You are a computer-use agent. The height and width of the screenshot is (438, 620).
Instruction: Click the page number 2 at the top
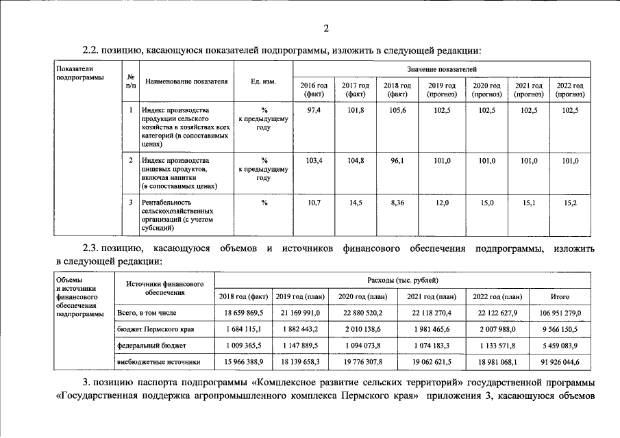pyautogui.click(x=327, y=28)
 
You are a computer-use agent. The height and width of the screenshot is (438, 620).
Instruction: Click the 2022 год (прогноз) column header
pyautogui.click(x=569, y=89)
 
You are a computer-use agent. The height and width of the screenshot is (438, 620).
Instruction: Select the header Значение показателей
pyautogui.click(x=441, y=70)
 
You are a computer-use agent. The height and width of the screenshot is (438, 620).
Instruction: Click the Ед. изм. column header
pyautogui.click(x=263, y=81)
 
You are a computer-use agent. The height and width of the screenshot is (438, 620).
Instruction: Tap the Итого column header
pyautogui.click(x=560, y=296)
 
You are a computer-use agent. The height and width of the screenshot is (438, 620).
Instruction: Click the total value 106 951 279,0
pyautogui.click(x=560, y=313)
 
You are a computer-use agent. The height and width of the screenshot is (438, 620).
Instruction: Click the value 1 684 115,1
pyautogui.click(x=243, y=329)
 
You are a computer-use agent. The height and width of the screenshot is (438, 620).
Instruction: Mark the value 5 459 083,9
pyautogui.click(x=560, y=346)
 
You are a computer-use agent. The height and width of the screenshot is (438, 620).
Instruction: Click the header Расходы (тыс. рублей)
pyautogui.click(x=402, y=281)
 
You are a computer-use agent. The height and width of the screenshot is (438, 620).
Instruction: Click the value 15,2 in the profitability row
pyautogui.click(x=570, y=203)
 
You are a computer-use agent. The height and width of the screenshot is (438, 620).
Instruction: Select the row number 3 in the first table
pyautogui.click(x=131, y=203)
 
